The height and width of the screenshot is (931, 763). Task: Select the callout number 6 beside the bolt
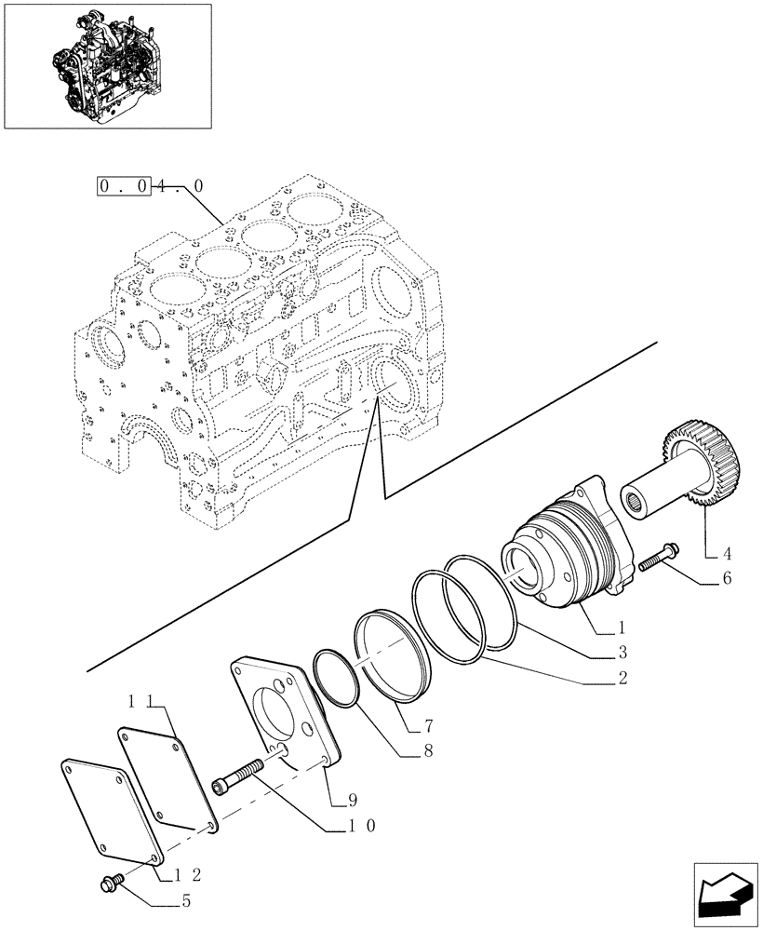pyautogui.click(x=727, y=579)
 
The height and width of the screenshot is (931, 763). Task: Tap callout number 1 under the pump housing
pyautogui.click(x=620, y=628)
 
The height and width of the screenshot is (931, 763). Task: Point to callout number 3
pyautogui.click(x=620, y=651)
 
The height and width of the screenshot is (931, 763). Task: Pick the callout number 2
pyautogui.click(x=620, y=678)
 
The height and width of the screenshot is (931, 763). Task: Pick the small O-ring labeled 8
pyautogui.click(x=338, y=679)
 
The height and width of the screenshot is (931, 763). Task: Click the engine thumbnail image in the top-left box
pyautogui.click(x=107, y=65)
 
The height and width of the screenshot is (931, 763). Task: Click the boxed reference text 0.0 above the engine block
pyautogui.click(x=124, y=186)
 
